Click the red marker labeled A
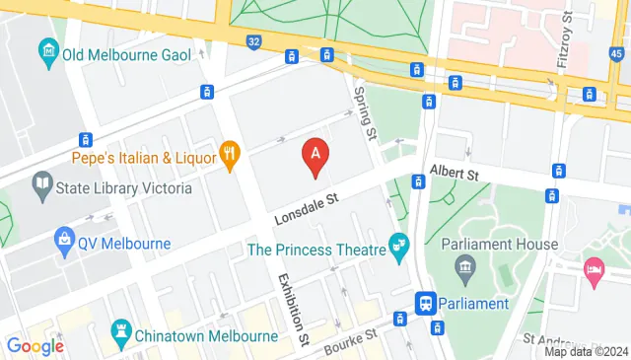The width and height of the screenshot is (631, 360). click(315, 156)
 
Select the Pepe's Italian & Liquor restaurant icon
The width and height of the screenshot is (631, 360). click(230, 155)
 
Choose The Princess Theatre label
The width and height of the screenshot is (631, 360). click(315, 250)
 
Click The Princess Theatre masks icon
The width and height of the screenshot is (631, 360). click(399, 243)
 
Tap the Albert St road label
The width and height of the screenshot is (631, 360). click(454, 174)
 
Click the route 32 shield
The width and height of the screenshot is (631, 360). click(254, 41)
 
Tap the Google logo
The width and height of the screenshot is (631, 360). click(35, 345)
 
